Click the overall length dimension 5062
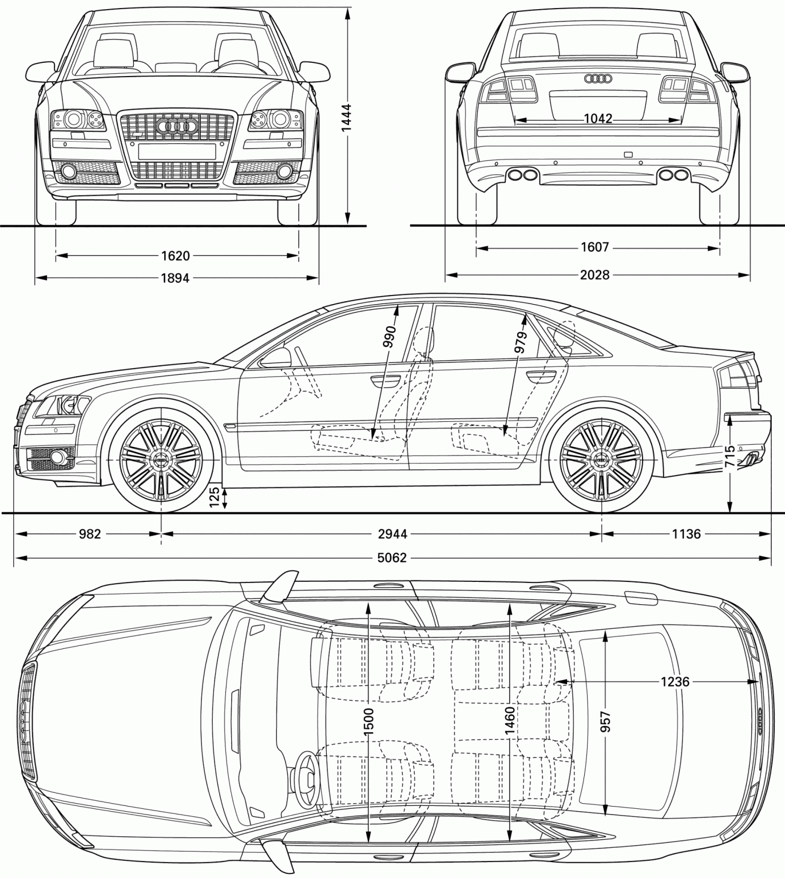click(x=392, y=557)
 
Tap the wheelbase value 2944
click(x=392, y=534)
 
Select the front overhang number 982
click(x=89, y=534)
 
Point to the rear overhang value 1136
click(x=685, y=534)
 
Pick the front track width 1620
click(x=176, y=256)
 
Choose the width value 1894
click(x=175, y=278)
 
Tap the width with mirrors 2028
click(x=595, y=276)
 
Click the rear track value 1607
click(x=595, y=248)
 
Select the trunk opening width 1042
click(x=598, y=119)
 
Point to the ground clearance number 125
click(x=215, y=497)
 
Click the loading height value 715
click(x=730, y=457)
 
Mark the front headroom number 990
click(x=391, y=337)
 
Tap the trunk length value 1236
click(x=675, y=681)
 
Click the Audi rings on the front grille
click(x=177, y=127)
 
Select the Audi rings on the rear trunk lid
click(x=598, y=78)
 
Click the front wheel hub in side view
click(x=161, y=460)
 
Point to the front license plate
click(x=177, y=151)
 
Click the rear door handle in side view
click(x=541, y=377)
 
